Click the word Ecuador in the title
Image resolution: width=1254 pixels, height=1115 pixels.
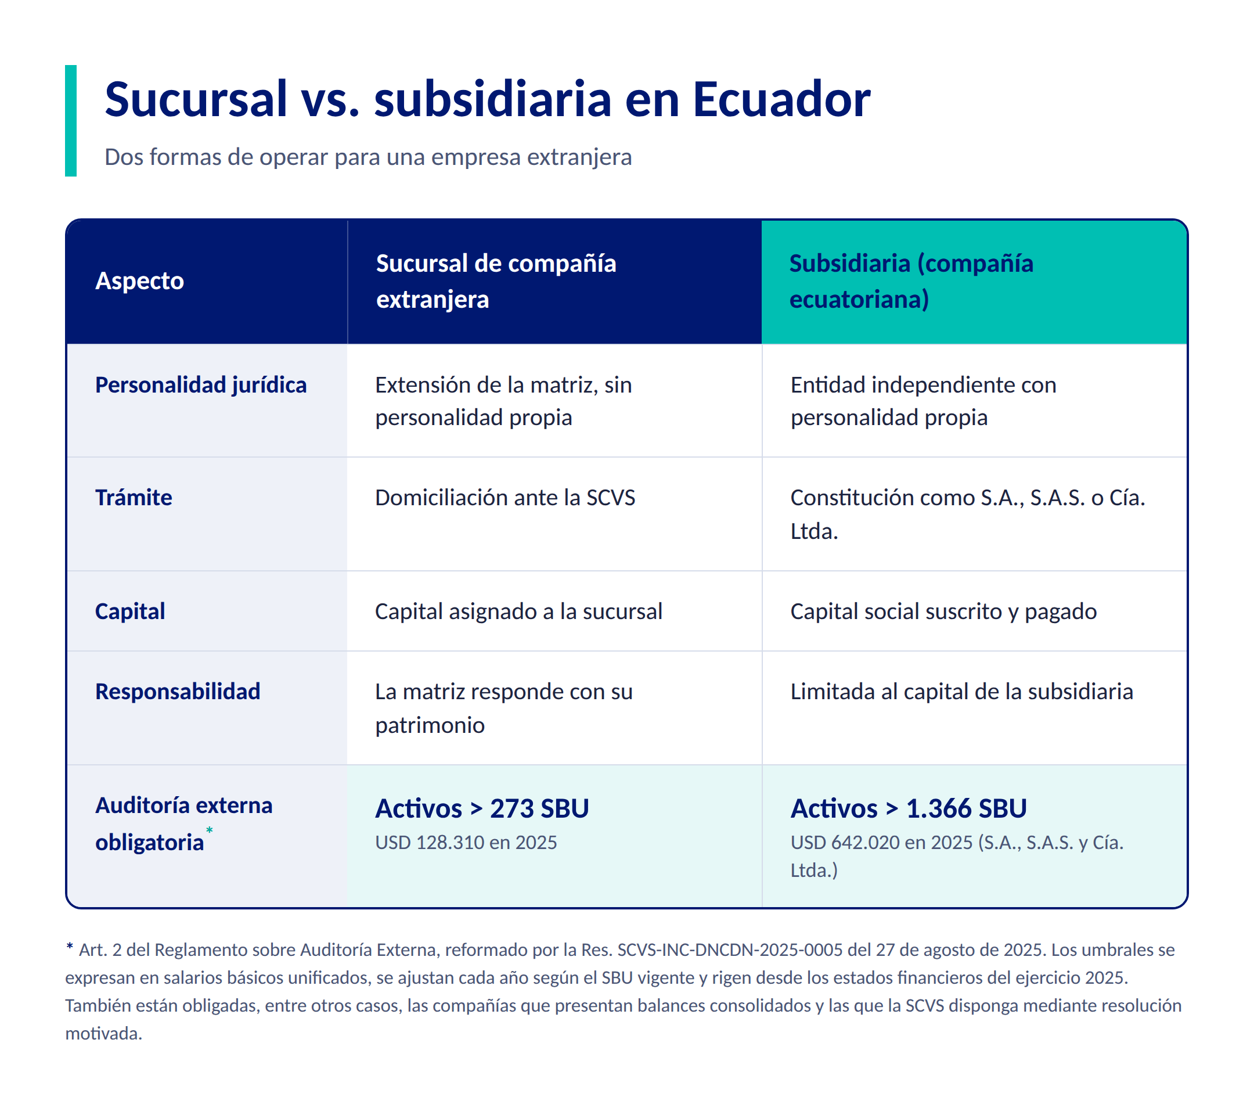(781, 99)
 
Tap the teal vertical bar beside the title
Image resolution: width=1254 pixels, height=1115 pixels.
(71, 121)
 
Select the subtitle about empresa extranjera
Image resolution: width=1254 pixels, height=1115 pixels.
(368, 157)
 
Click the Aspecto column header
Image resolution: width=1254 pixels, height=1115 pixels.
(139, 280)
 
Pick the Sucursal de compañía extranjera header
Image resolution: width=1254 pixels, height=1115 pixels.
(496, 281)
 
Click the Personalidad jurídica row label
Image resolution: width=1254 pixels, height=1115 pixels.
(201, 386)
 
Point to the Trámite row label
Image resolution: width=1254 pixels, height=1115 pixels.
(133, 498)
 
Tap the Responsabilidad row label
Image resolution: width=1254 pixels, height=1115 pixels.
(177, 692)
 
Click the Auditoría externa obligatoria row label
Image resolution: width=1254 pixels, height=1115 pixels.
(183, 823)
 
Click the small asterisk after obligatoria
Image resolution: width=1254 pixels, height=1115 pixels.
(209, 830)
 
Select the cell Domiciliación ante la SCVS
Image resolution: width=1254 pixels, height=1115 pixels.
(505, 498)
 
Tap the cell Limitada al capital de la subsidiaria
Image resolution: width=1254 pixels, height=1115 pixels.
(961, 692)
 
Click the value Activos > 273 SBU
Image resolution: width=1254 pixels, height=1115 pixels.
(482, 809)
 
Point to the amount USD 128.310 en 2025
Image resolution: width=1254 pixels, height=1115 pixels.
(466, 843)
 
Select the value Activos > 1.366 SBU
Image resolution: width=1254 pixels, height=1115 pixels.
(909, 809)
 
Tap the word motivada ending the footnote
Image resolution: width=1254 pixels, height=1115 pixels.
(104, 1034)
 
